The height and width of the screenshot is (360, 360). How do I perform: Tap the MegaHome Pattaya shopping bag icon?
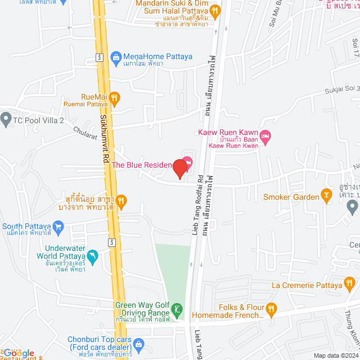pyautogui.click(x=116, y=56)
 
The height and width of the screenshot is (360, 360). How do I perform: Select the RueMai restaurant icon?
pyautogui.click(x=114, y=99)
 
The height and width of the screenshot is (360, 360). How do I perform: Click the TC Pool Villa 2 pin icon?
pyautogui.click(x=6, y=119)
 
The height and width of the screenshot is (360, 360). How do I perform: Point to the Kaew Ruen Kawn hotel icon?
pyautogui.click(x=266, y=136)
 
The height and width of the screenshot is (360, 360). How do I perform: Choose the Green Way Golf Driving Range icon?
pyautogui.click(x=177, y=309)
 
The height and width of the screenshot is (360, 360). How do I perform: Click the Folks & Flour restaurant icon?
pyautogui.click(x=271, y=308)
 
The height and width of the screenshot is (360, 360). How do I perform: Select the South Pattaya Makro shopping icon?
pyautogui.click(x=60, y=227)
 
